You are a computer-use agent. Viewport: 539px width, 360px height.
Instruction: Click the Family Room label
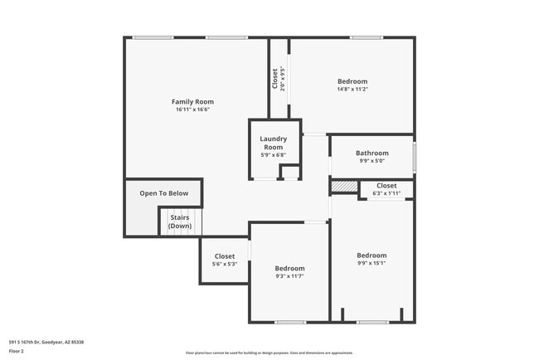coord(192,101)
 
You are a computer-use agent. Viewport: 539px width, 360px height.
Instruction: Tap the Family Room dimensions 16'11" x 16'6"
coord(192,109)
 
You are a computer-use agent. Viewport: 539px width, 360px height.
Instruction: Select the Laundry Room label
coord(273,143)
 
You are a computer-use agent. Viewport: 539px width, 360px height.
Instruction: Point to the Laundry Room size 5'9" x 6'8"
coord(273,155)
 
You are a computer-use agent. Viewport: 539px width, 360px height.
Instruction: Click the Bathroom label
coord(371,153)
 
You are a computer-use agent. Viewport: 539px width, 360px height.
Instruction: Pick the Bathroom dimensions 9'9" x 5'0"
coord(371,161)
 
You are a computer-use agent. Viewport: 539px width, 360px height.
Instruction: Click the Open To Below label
coord(163,193)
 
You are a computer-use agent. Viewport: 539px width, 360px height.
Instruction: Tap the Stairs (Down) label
coord(178,221)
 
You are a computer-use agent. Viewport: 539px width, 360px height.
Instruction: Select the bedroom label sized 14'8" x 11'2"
coord(352,81)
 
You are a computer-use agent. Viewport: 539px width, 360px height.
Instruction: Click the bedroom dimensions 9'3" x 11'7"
coord(289,276)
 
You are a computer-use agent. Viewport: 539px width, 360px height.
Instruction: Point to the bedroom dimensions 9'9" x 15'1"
coord(371,263)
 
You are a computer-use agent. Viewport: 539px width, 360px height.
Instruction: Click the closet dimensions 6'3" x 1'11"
coord(386,193)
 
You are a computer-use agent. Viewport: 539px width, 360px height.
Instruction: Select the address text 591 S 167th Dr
coord(46,342)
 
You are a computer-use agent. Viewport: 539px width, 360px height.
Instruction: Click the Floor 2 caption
coord(17,351)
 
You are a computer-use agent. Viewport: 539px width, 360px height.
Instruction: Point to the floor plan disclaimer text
coord(269,353)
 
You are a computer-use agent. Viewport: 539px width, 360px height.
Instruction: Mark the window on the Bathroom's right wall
coord(414,156)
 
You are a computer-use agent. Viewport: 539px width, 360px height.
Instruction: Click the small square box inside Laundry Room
coord(289,173)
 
